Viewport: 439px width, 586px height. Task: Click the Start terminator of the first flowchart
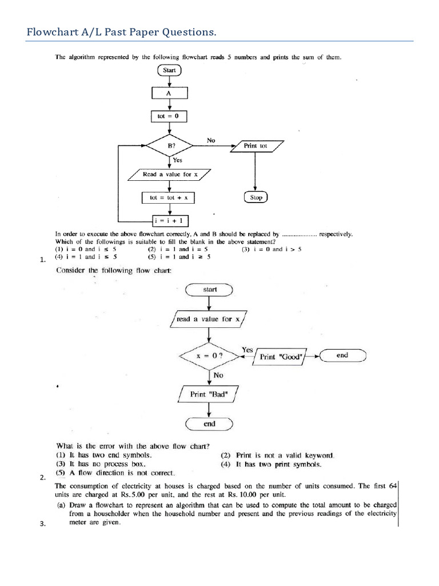point(170,71)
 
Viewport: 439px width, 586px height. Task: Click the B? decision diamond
point(170,146)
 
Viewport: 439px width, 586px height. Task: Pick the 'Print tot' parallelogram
point(256,146)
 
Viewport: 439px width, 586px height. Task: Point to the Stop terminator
point(256,197)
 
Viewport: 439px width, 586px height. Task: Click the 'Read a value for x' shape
point(170,175)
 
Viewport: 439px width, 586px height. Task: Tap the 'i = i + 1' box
point(170,220)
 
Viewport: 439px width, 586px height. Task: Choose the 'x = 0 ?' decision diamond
point(209,355)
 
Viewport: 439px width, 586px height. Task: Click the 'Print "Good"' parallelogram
point(276,356)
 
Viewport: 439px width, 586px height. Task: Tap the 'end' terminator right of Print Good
point(342,355)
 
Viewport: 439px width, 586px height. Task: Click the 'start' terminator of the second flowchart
point(209,290)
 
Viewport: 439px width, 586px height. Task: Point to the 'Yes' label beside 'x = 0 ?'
point(248,349)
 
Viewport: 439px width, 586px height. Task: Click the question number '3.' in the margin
point(42,527)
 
